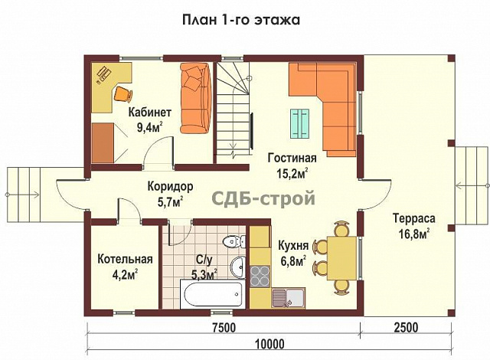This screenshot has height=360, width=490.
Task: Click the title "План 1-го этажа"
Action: (x=241, y=20)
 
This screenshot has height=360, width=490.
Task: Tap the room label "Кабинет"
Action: (x=150, y=112)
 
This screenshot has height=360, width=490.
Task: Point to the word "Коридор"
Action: (x=170, y=187)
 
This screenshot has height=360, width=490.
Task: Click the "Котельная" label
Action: (x=126, y=259)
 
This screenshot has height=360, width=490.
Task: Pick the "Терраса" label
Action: (x=414, y=218)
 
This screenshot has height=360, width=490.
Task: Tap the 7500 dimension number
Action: (x=224, y=328)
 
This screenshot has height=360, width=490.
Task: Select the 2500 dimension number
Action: (x=406, y=328)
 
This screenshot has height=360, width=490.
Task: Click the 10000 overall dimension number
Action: (x=270, y=345)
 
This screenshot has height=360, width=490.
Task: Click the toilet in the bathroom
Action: (x=234, y=241)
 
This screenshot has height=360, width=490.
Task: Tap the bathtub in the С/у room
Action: (x=211, y=294)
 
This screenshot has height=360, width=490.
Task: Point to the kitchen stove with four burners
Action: (x=260, y=276)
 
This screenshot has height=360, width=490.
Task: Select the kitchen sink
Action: (x=288, y=297)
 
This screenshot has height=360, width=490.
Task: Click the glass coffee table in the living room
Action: (x=299, y=123)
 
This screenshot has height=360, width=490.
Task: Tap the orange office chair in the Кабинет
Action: (x=123, y=93)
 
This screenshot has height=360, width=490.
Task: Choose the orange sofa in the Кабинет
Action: (x=196, y=98)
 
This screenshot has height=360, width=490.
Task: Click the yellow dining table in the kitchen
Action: (x=342, y=258)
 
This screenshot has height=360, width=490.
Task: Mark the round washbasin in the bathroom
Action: (x=238, y=267)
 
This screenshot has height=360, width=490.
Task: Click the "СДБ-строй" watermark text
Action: (x=263, y=198)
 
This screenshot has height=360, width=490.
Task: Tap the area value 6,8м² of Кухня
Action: (x=293, y=261)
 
